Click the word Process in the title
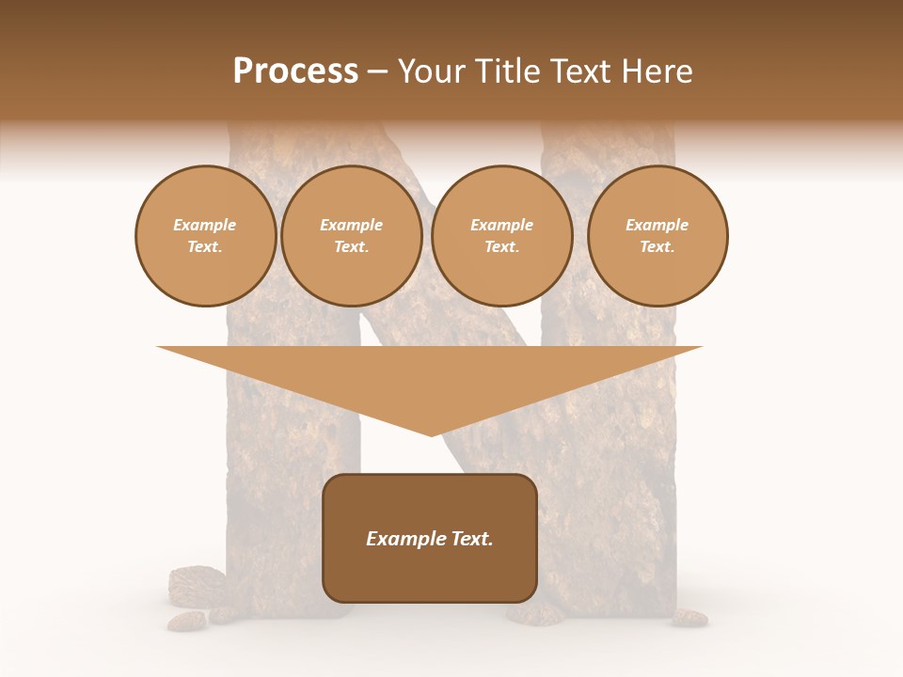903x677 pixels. tap(295, 71)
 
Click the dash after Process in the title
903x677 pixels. tap(377, 73)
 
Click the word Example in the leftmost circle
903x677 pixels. tap(205, 225)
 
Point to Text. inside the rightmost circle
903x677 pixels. tap(657, 246)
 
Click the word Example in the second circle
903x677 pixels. tap(352, 225)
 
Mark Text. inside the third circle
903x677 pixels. tap(501, 246)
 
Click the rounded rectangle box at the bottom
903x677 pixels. tap(430, 574)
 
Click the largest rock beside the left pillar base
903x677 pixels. tap(196, 584)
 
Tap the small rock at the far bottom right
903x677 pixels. tap(689, 617)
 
